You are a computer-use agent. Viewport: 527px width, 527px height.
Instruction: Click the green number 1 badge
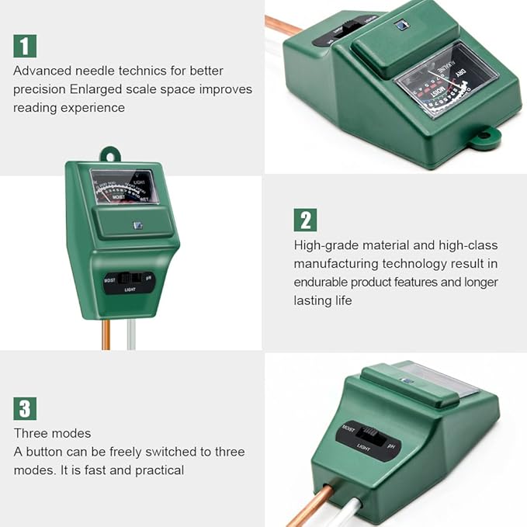[x=25, y=46]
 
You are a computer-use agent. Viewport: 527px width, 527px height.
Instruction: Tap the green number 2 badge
[x=305, y=220]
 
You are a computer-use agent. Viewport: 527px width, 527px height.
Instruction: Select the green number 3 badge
[x=25, y=408]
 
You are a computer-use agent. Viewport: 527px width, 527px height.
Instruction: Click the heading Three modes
[x=52, y=433]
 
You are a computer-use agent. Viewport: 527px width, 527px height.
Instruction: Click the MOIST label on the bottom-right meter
[x=348, y=428]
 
